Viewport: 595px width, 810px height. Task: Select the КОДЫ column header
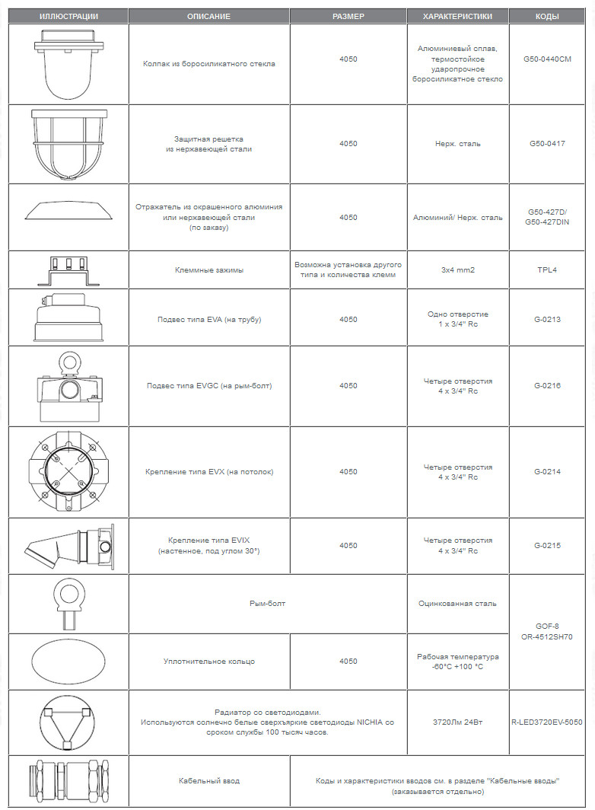click(547, 16)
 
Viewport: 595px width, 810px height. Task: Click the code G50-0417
click(547, 143)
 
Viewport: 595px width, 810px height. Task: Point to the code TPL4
click(547, 269)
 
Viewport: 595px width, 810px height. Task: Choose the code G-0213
click(547, 319)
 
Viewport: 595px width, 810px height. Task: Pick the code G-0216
click(547, 385)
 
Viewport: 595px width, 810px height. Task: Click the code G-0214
click(547, 472)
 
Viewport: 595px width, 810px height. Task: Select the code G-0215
click(547, 545)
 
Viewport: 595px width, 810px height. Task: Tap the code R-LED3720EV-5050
click(547, 721)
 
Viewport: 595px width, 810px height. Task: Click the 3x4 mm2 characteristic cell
click(458, 269)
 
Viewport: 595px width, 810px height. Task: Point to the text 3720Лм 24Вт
click(458, 721)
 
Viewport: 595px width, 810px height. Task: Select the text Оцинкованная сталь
click(458, 604)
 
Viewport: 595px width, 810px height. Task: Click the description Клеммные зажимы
click(209, 269)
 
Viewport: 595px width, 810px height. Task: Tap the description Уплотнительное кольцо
click(209, 661)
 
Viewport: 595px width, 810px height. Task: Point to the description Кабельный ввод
click(209, 781)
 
